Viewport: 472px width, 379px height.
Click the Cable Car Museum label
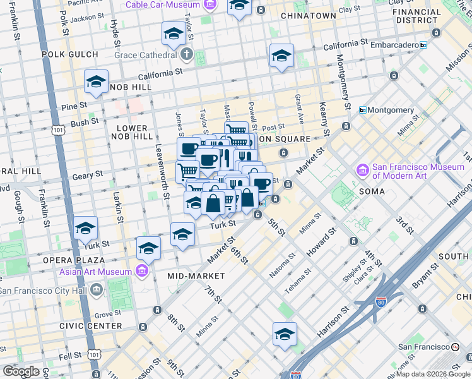click(162, 4)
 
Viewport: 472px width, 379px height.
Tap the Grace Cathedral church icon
click(186, 54)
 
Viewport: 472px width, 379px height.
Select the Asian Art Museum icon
click(142, 272)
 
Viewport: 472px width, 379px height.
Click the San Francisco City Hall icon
click(96, 291)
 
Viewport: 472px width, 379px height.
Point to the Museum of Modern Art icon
click(363, 171)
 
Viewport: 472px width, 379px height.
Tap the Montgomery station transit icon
click(363, 110)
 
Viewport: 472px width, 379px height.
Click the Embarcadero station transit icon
click(423, 45)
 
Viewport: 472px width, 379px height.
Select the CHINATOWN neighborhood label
click(308, 15)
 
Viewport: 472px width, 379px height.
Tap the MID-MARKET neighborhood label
click(196, 276)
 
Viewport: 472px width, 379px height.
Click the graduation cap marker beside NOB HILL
click(96, 82)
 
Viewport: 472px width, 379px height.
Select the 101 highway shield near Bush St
click(59, 130)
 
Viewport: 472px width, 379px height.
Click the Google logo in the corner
click(21, 371)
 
